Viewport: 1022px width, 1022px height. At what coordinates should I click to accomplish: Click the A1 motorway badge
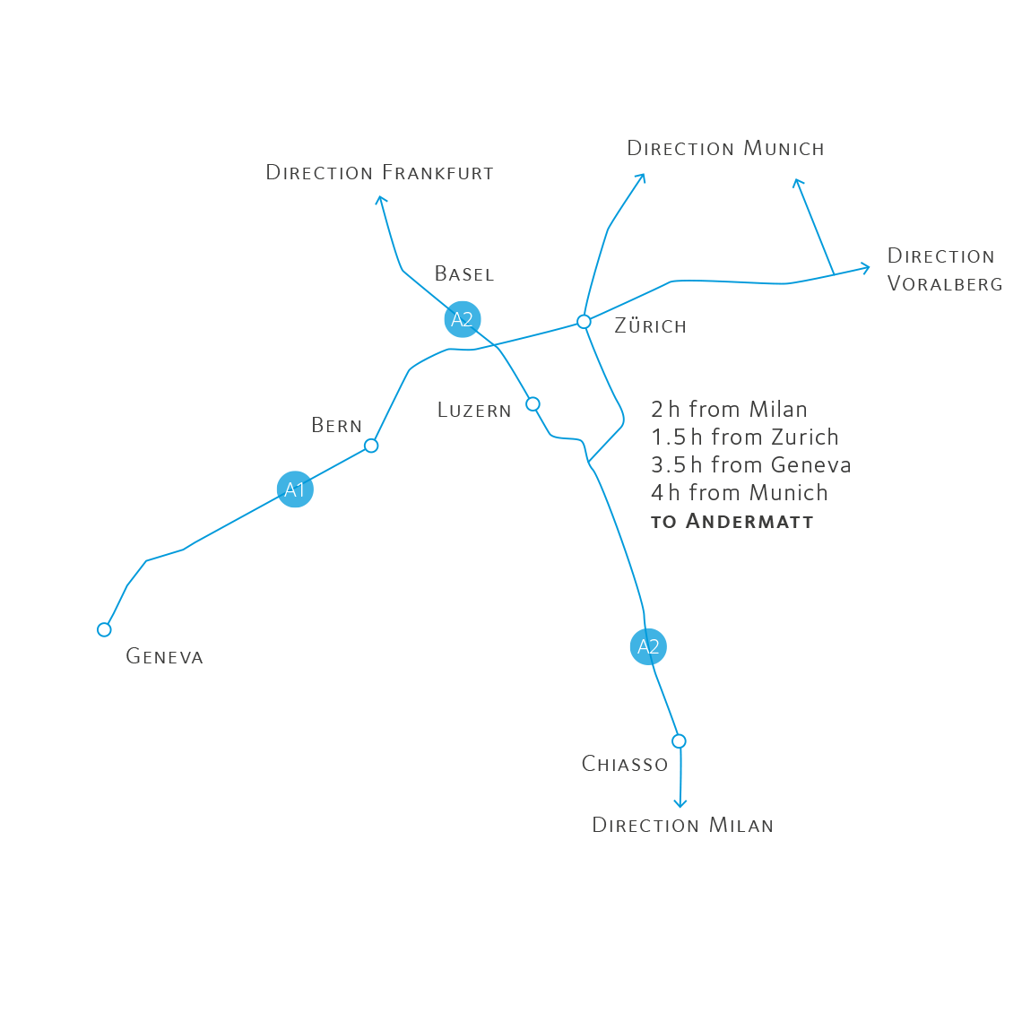tap(295, 489)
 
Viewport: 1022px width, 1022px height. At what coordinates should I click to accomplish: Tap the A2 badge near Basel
tap(463, 320)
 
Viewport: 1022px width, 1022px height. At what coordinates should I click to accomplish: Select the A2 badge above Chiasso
tap(648, 647)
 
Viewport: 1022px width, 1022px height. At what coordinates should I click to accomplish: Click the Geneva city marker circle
tap(105, 629)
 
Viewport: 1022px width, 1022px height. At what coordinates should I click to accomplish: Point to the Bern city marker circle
tap(371, 446)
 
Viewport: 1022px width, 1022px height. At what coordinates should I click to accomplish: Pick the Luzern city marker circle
tap(533, 404)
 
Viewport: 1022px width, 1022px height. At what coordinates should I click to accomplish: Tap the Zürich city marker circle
tap(584, 321)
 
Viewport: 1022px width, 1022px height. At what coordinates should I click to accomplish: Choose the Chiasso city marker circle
tap(679, 741)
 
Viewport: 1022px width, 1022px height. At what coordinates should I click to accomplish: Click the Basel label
tap(463, 274)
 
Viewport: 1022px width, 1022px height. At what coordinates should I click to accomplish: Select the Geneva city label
tap(164, 656)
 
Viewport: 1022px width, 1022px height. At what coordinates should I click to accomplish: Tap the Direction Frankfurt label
tap(379, 172)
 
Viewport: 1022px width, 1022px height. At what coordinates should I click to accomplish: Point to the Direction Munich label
tap(725, 149)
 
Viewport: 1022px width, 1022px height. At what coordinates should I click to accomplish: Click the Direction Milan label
tap(682, 825)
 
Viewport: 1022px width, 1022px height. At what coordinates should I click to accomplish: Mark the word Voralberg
tap(943, 284)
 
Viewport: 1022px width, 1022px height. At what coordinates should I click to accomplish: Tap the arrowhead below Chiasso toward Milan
tap(680, 804)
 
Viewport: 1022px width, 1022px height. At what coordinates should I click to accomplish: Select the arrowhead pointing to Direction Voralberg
tap(866, 266)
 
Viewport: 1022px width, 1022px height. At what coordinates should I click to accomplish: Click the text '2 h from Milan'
tap(729, 410)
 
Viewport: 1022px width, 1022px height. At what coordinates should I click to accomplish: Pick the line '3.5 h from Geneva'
tap(750, 465)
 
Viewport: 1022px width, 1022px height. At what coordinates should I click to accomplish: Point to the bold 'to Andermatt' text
tap(732, 522)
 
